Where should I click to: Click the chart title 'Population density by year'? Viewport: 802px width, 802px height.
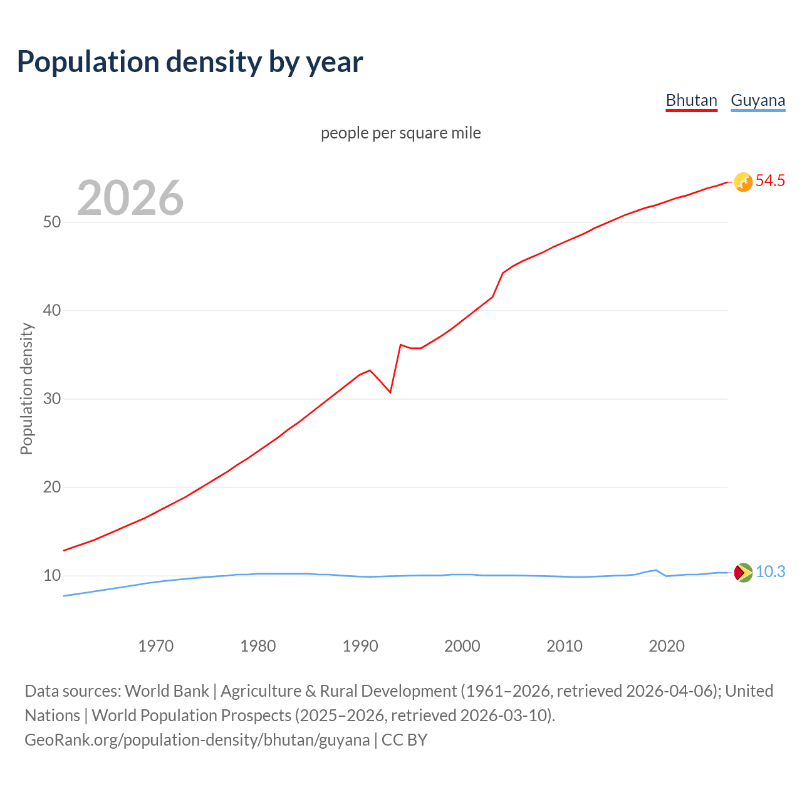click(190, 62)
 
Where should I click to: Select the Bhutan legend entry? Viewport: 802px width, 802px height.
click(691, 100)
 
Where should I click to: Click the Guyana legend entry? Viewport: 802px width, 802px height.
click(758, 100)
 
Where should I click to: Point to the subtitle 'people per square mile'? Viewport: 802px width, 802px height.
click(400, 133)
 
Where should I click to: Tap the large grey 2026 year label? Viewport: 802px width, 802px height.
click(130, 198)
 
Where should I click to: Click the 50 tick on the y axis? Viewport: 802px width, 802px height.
click(52, 222)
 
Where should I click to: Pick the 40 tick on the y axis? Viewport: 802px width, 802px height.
click(52, 311)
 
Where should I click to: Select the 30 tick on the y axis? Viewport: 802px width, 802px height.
click(52, 399)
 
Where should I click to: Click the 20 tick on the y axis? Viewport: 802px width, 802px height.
click(52, 487)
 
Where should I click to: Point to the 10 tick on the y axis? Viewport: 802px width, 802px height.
click(52, 576)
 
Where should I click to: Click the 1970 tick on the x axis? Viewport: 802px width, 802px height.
click(155, 646)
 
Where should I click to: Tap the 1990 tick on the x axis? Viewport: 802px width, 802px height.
click(360, 646)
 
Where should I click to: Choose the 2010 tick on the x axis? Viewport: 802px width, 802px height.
click(565, 646)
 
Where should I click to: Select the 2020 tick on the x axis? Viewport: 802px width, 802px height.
click(667, 646)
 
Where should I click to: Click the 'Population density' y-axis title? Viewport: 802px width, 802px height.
click(26, 388)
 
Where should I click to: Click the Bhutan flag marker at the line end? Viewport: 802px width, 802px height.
click(743, 182)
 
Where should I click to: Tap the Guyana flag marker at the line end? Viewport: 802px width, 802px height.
click(743, 573)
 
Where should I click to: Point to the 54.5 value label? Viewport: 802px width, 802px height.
click(770, 181)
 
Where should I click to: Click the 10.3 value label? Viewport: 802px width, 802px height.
click(770, 572)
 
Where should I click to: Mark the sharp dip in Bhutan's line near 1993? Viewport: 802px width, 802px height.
click(390, 392)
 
